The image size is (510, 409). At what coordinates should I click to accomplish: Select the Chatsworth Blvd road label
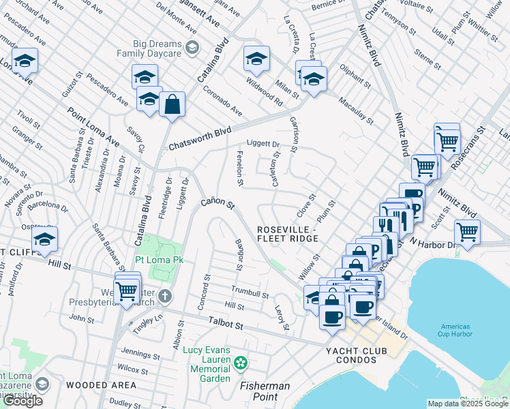coord(196,139)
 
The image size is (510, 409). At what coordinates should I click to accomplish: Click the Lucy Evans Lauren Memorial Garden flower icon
coord(239,361)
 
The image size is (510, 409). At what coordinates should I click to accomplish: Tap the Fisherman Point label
coord(265,391)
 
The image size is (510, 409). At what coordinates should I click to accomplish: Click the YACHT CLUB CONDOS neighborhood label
coord(356,356)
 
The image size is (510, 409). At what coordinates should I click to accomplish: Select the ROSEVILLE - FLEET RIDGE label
coord(287,234)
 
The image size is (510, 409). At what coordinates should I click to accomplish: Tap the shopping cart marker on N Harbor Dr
coord(467,232)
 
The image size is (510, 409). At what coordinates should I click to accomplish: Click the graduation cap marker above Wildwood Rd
coord(256,59)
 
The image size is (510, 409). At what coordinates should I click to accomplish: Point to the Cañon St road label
coord(217,203)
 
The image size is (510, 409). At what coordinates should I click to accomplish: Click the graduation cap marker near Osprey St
coord(44,239)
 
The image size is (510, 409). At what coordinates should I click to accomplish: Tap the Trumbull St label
coord(250,292)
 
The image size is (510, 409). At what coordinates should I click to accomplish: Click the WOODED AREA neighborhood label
coord(96,385)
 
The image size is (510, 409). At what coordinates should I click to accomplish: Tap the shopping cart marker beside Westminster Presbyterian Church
coord(126,291)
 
